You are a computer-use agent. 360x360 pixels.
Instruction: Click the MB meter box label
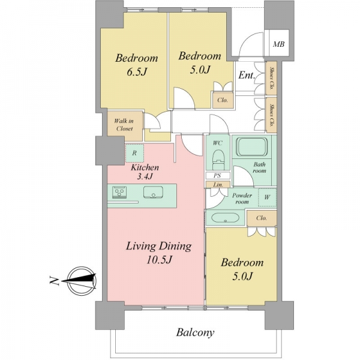[279, 44]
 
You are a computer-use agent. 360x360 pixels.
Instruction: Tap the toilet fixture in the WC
[218, 160]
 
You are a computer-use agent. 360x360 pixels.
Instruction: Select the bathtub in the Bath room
[252, 147]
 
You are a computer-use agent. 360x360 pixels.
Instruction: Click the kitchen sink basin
[154, 193]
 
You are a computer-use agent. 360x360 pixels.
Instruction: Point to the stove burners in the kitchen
[119, 192]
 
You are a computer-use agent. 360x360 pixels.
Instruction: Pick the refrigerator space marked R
[134, 153]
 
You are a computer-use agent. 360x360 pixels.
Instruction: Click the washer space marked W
[267, 197]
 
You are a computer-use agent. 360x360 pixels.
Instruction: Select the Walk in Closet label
[124, 125]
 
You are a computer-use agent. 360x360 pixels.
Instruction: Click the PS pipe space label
[217, 176]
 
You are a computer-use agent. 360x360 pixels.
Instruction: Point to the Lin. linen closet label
[218, 185]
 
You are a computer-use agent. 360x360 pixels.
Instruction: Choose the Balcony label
[195, 332]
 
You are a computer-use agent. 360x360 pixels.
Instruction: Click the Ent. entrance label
[247, 75]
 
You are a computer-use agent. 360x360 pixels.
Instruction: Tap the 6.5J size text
[137, 72]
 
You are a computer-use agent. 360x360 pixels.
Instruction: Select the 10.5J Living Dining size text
[160, 260]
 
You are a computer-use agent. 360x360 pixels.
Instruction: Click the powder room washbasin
[225, 218]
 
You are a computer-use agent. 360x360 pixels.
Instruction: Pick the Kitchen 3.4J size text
[145, 176]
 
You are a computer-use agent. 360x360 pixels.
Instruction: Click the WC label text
[217, 143]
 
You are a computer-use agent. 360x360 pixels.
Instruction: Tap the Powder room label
[242, 199]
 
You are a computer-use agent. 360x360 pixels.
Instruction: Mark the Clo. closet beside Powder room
[262, 218]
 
